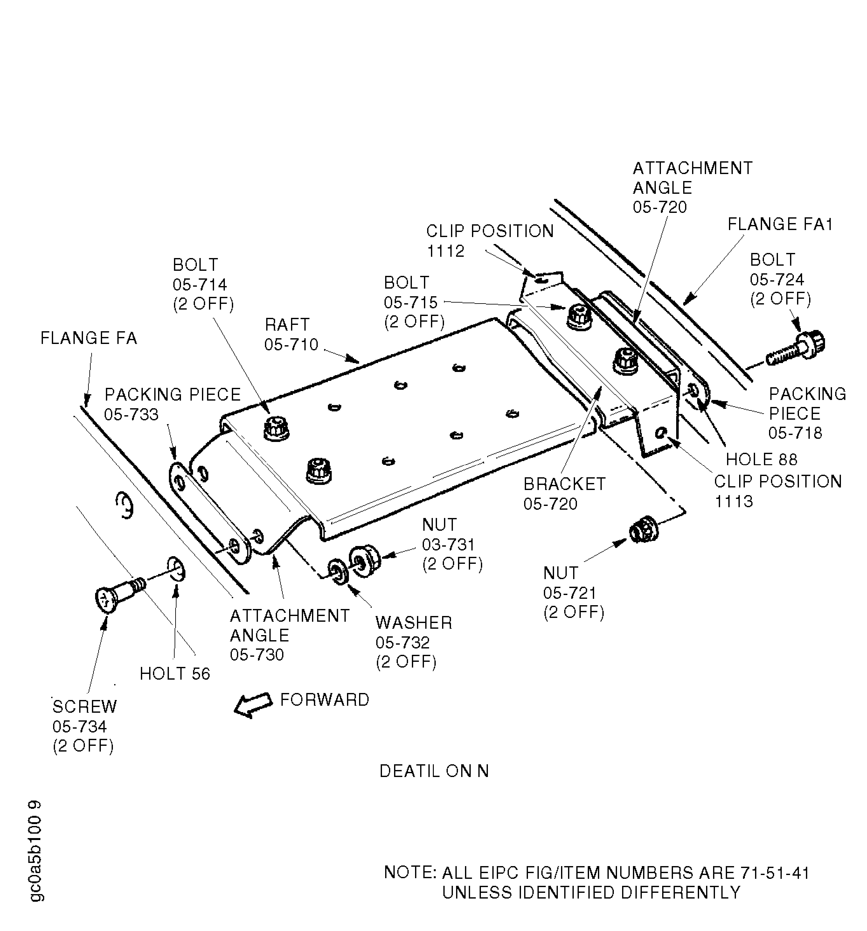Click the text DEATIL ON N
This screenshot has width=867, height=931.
pyautogui.click(x=434, y=771)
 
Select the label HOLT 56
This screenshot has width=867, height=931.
pyautogui.click(x=175, y=673)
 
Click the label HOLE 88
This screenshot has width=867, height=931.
pyautogui.click(x=761, y=459)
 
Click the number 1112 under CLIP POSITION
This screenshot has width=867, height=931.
pyautogui.click(x=445, y=251)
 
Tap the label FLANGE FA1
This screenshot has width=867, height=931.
pyautogui.click(x=780, y=225)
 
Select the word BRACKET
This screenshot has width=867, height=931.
pyautogui.click(x=564, y=484)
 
